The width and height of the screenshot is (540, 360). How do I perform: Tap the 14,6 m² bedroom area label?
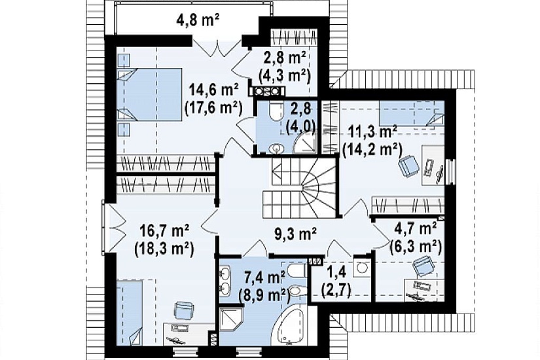coord(214,91)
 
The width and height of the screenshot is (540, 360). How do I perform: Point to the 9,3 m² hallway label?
coord(295,234)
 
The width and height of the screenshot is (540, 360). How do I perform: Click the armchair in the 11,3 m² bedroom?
coord(409,166)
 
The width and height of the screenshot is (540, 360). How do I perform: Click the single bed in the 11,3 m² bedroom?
coord(412,113)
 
